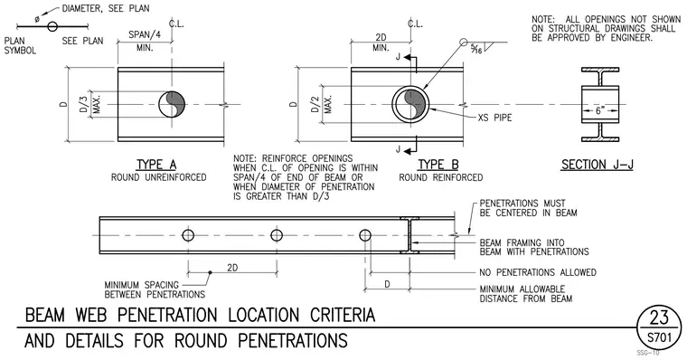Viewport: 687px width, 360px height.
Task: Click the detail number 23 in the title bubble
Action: tap(659, 317)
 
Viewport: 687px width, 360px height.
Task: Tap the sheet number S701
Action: tap(659, 337)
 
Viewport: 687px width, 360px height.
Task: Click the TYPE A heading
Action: tap(156, 165)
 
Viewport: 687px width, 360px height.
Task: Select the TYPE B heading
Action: tap(438, 165)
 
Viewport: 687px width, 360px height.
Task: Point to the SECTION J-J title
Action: tap(598, 165)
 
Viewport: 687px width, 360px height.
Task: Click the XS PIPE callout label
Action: tap(494, 118)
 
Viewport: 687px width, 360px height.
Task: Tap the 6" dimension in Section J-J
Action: tap(600, 110)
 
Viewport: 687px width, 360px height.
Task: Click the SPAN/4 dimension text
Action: tap(145, 34)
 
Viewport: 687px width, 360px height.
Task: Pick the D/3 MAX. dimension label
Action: tap(90, 104)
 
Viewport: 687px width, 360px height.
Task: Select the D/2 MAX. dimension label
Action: tap(322, 104)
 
